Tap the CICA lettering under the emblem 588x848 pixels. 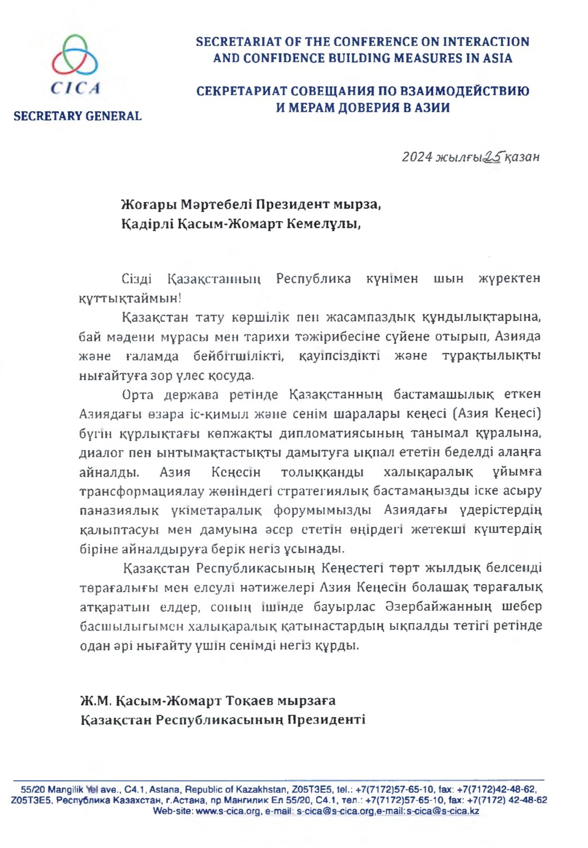(76, 88)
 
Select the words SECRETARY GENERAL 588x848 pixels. (77, 116)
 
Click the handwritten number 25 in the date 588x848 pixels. (493, 156)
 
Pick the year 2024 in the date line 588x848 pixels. (417, 157)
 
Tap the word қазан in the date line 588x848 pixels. (522, 157)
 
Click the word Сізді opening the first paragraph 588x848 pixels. (137, 279)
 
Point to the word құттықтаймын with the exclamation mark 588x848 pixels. (130, 298)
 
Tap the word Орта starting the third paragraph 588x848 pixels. (138, 395)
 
